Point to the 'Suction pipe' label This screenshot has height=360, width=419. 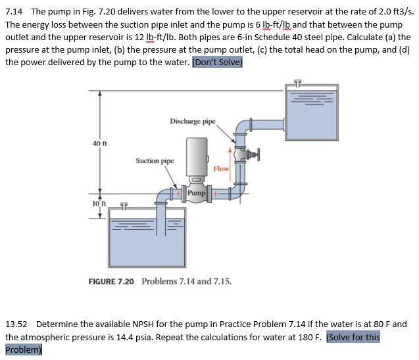point(155,160)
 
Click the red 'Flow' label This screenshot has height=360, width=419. point(220,169)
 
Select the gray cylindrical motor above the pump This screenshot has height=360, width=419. point(197,156)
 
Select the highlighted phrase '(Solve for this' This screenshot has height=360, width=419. point(353,336)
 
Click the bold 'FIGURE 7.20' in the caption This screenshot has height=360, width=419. point(112,281)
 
